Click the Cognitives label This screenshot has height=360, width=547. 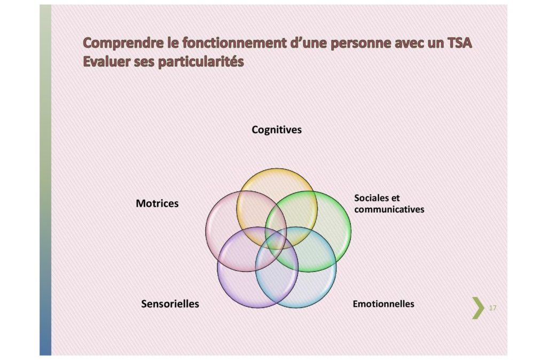(x=277, y=130)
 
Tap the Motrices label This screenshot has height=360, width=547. (x=157, y=204)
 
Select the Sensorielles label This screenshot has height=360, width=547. (x=170, y=304)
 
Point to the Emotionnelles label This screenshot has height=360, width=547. (x=384, y=304)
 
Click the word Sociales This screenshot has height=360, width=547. (x=372, y=198)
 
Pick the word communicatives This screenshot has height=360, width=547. (x=389, y=209)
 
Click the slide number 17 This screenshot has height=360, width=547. (x=493, y=308)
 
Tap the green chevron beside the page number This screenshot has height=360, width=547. (x=478, y=308)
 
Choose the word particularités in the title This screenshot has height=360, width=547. (x=201, y=62)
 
